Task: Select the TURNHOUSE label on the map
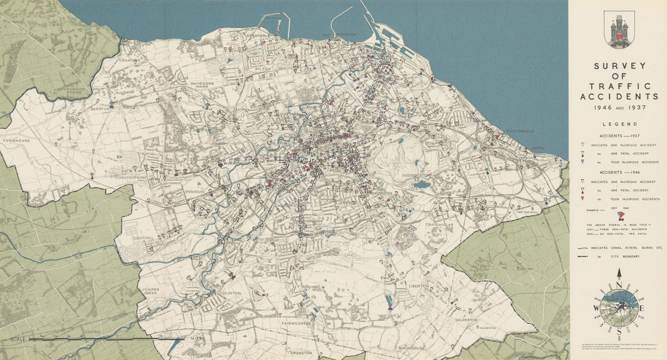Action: pyautogui.click(x=15, y=141)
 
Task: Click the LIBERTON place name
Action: pyautogui.click(x=419, y=286)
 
